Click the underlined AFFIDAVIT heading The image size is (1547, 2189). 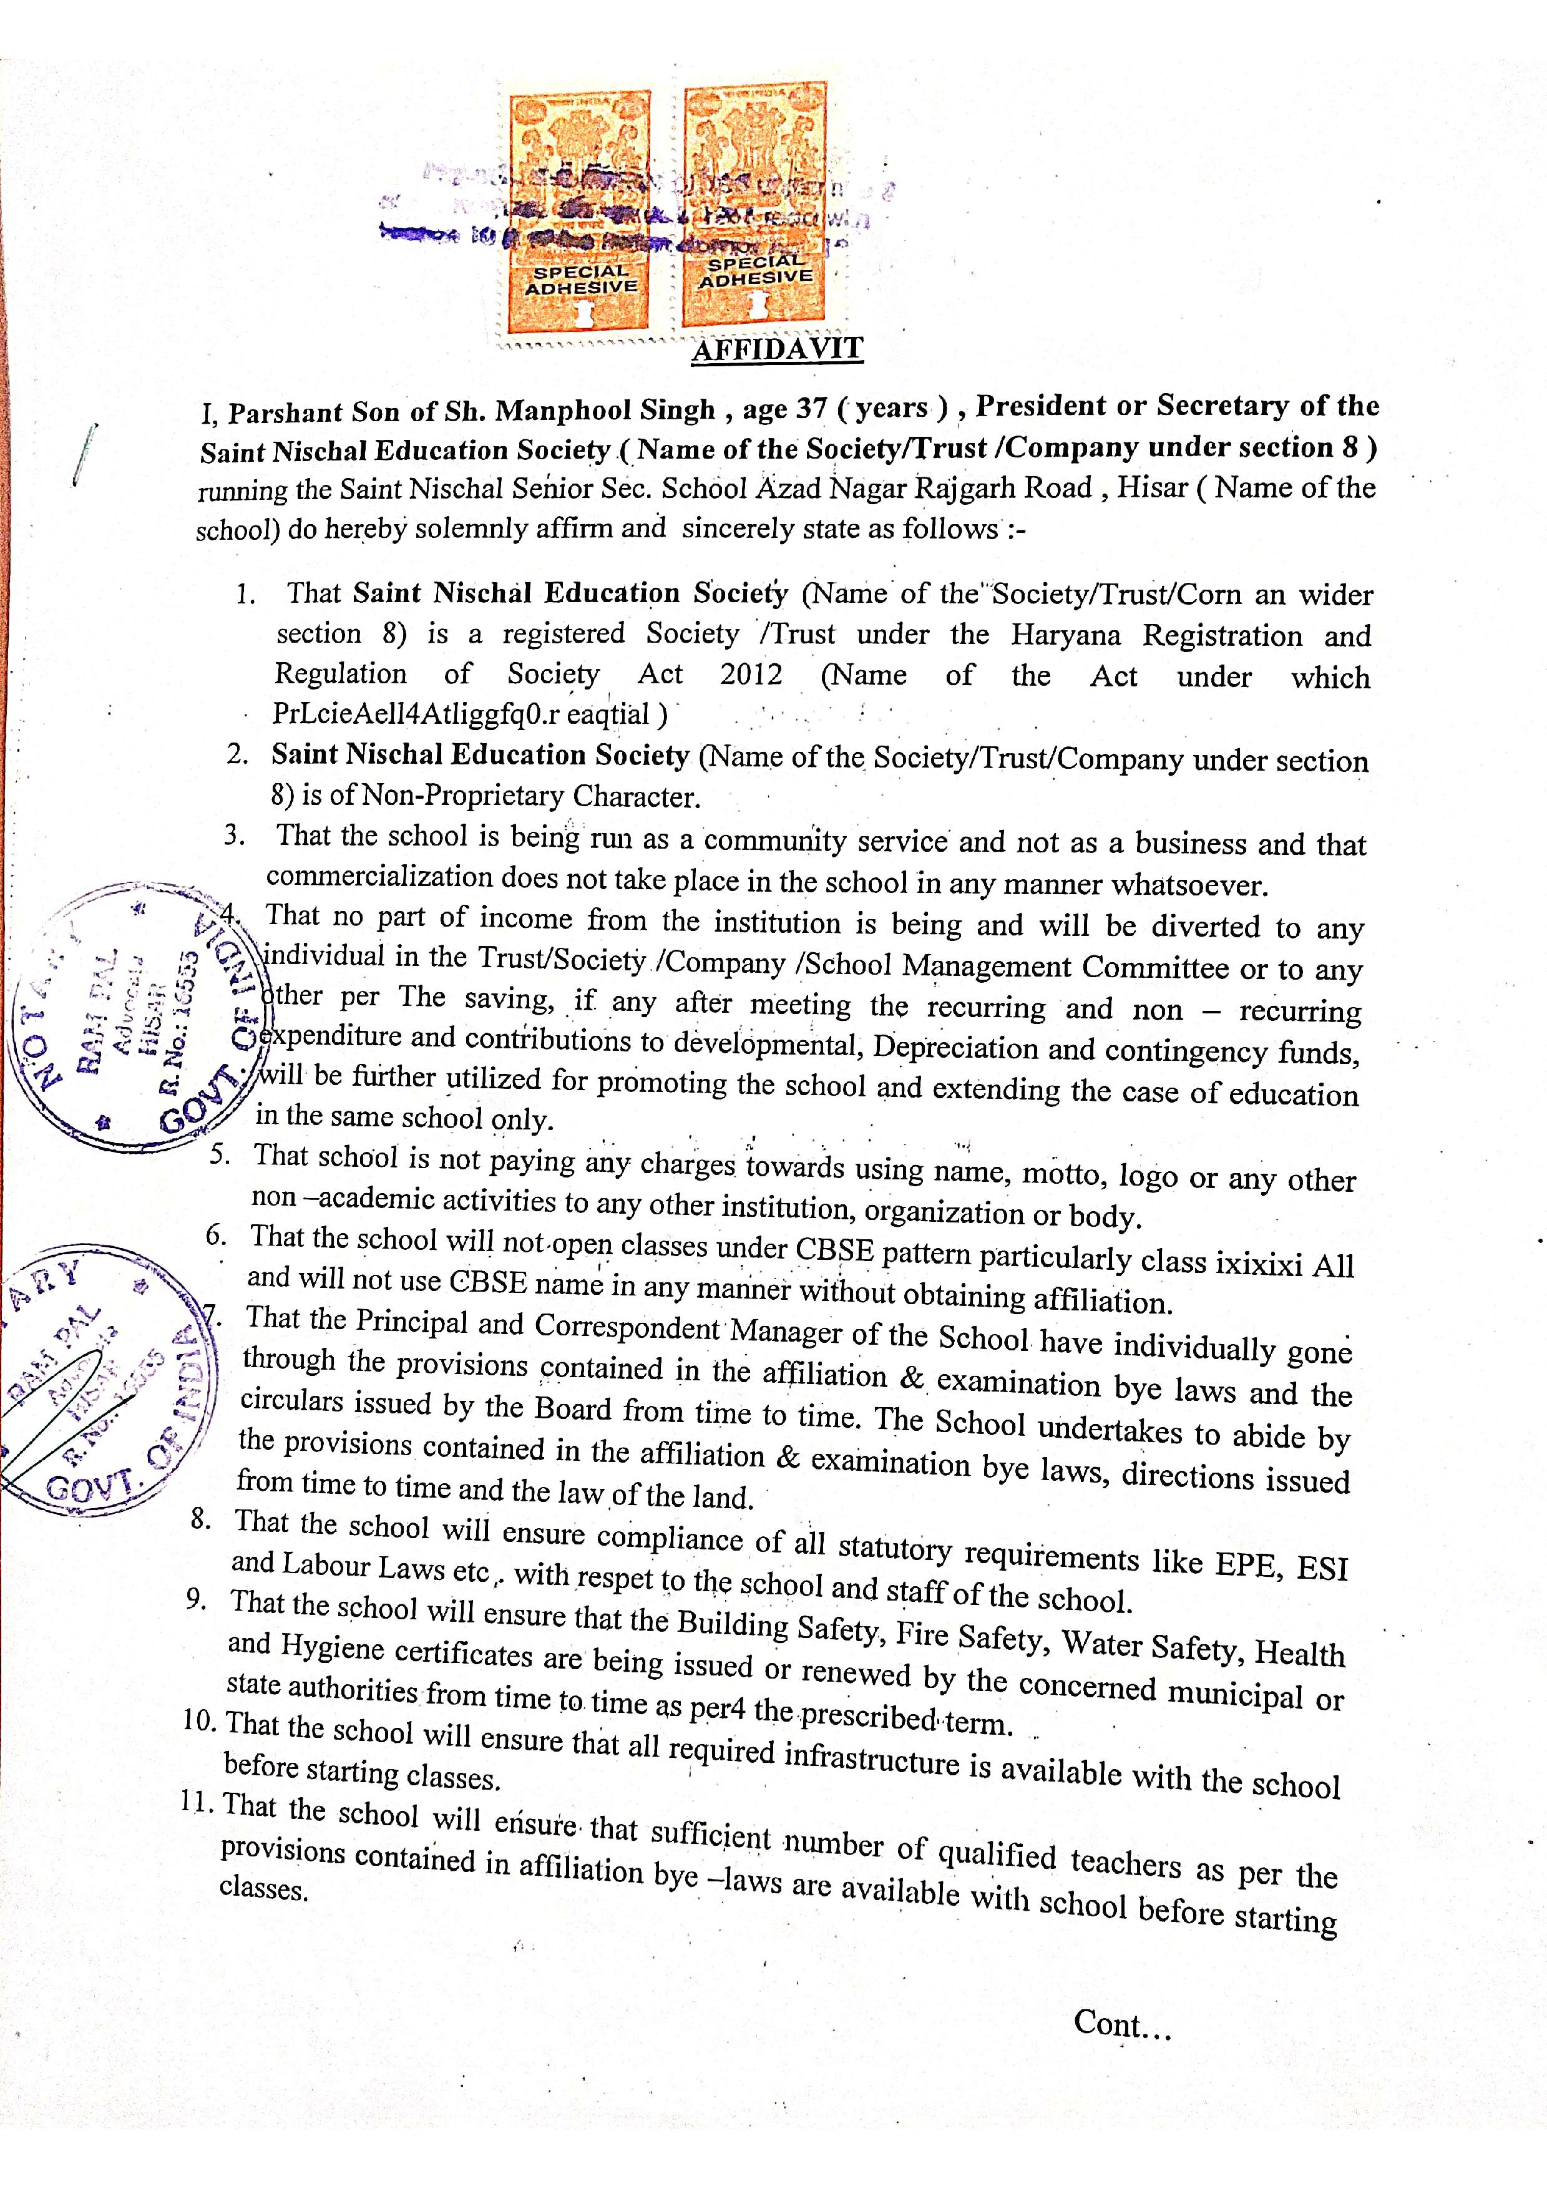(x=777, y=349)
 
